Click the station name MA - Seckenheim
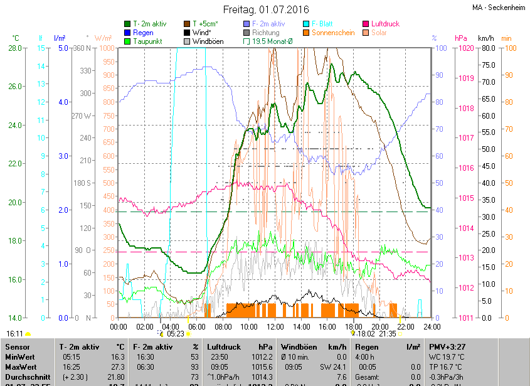499,8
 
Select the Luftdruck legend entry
384,24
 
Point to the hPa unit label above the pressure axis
460,38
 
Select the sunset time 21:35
387,334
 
